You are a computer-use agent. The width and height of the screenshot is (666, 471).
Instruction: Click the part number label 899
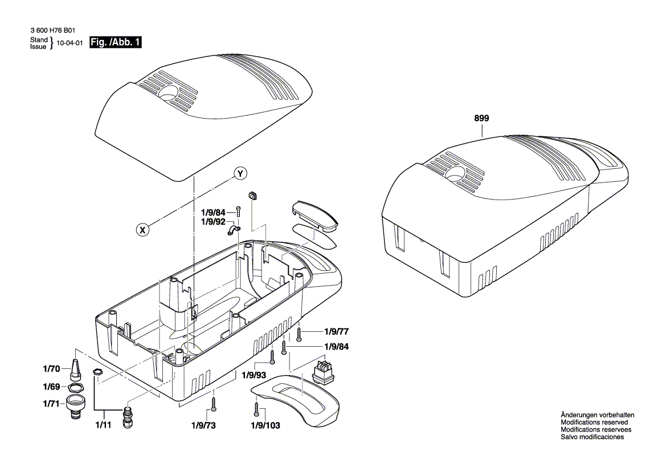tap(481, 119)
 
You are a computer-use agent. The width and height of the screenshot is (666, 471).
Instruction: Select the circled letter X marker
tap(144, 230)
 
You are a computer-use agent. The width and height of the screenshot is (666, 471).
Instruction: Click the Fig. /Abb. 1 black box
tap(116, 43)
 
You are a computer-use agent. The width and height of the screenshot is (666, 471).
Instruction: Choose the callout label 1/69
tap(51, 387)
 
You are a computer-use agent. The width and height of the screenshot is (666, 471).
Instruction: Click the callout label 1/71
tap(51, 404)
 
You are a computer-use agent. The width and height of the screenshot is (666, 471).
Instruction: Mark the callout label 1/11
tap(104, 425)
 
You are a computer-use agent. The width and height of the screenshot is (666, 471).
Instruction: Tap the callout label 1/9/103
tap(265, 425)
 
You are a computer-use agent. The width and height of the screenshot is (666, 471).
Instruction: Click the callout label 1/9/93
tap(254, 375)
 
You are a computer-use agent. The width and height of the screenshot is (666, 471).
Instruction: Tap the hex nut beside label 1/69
tap(75, 388)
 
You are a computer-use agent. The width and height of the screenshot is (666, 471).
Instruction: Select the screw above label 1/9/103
tap(258, 408)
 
